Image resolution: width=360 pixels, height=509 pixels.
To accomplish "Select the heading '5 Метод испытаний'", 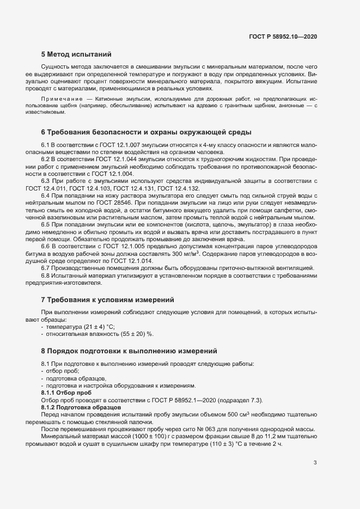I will pos(76,54).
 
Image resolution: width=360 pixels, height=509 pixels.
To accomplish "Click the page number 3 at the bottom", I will pos(315,463).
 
